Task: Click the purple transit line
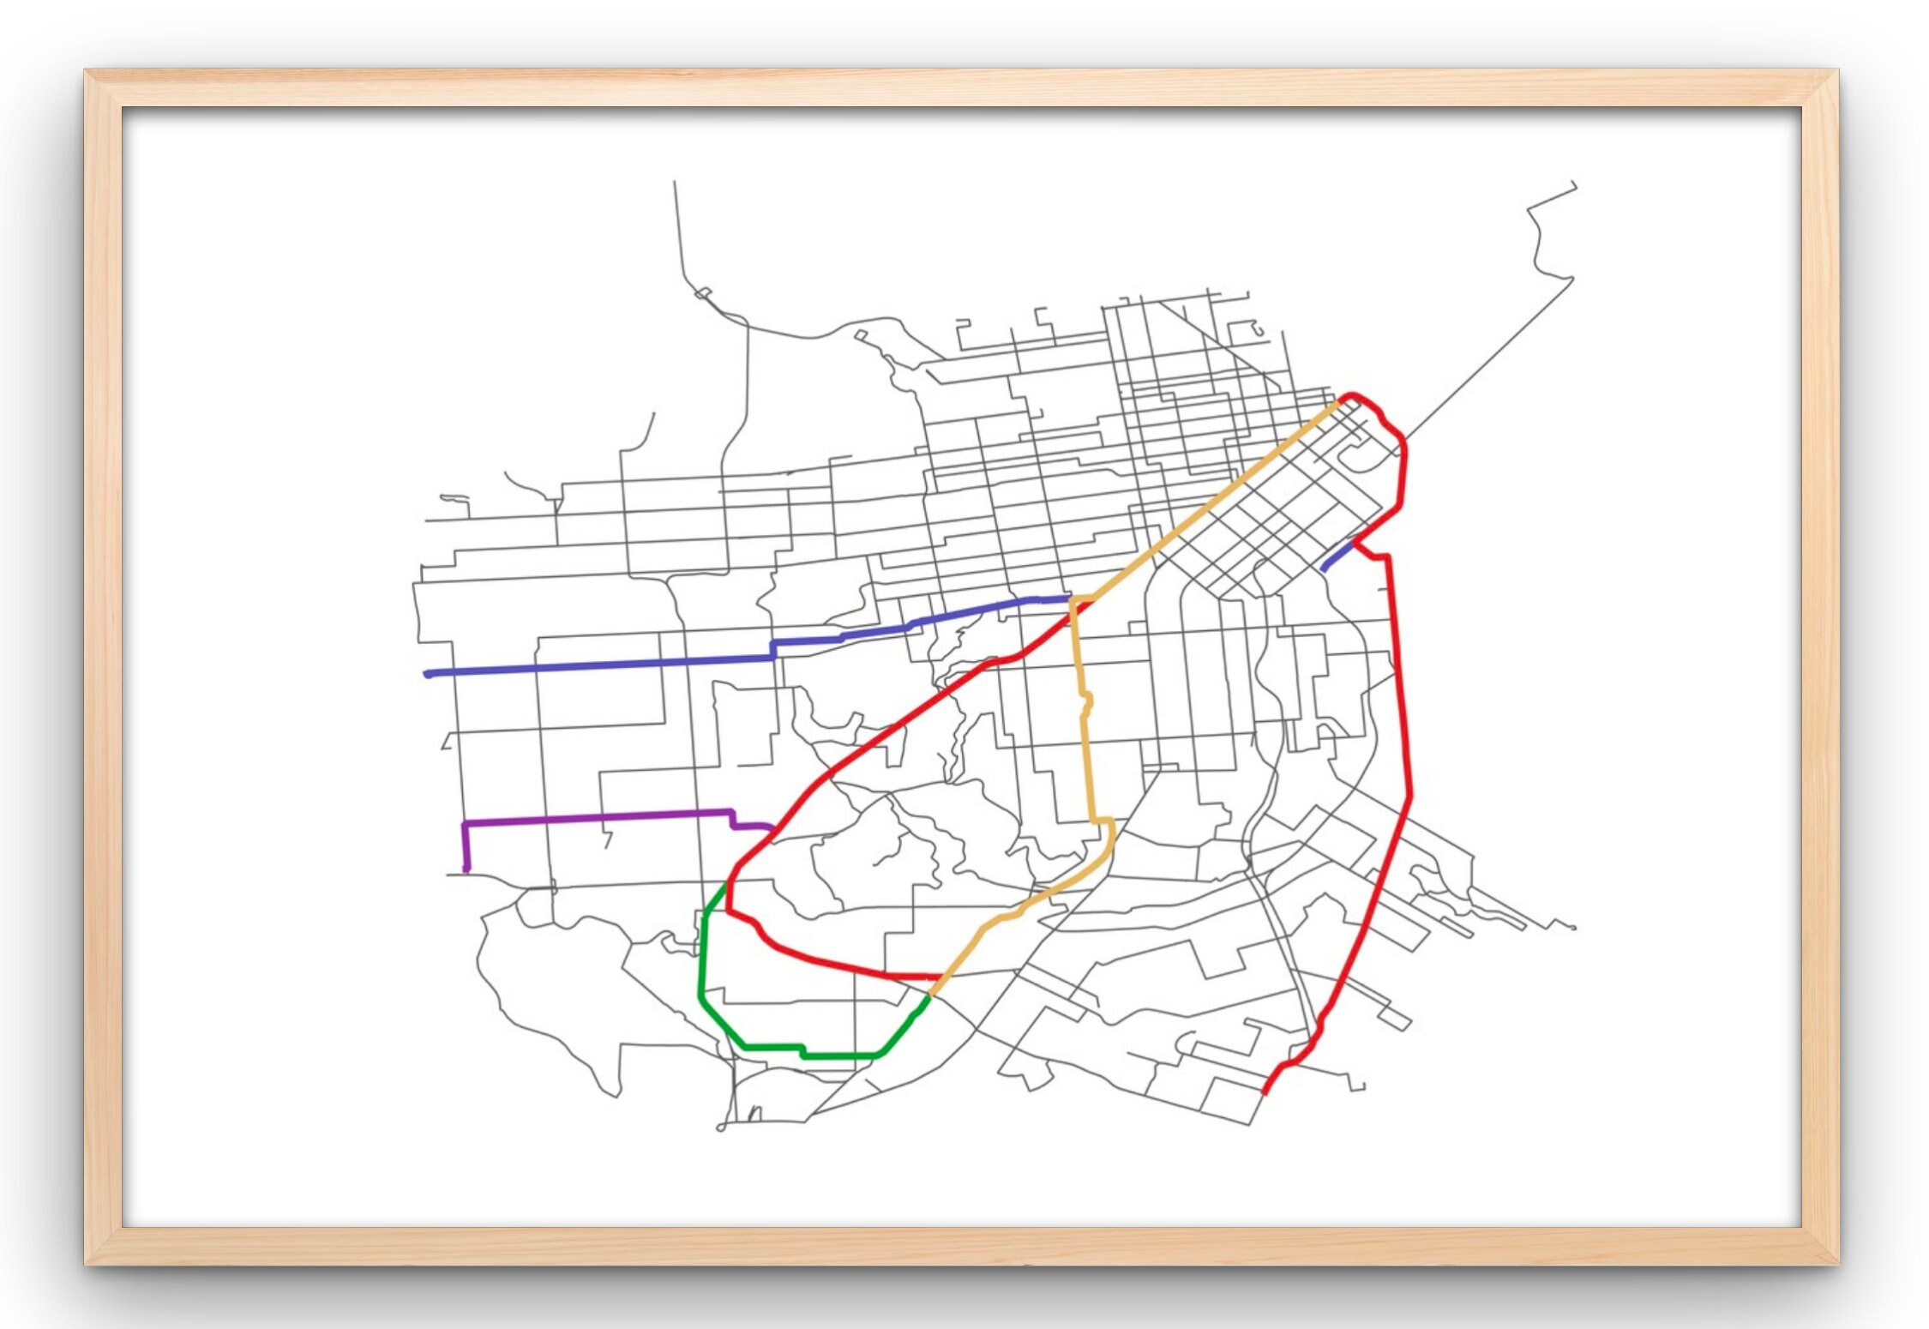pyautogui.click(x=600, y=817)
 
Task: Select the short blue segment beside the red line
pyautogui.click(x=1337, y=555)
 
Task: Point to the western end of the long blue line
pyautogui.click(x=428, y=674)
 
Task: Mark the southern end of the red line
pyautogui.click(x=1265, y=1091)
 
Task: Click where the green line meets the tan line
pyautogui.click(x=929, y=995)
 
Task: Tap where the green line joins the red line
pyautogui.click(x=727, y=883)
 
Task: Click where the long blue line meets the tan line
pyautogui.click(x=1072, y=599)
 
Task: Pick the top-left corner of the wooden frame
pyautogui.click(x=86, y=71)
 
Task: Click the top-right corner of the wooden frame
pyautogui.click(x=1837, y=71)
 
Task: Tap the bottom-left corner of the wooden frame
pyautogui.click(x=86, y=1263)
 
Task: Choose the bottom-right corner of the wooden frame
pyautogui.click(x=1837, y=1263)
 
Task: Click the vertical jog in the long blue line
pyautogui.click(x=773, y=649)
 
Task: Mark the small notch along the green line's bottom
pyautogui.click(x=802, y=1051)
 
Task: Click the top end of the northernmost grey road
pyautogui.click(x=674, y=182)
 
